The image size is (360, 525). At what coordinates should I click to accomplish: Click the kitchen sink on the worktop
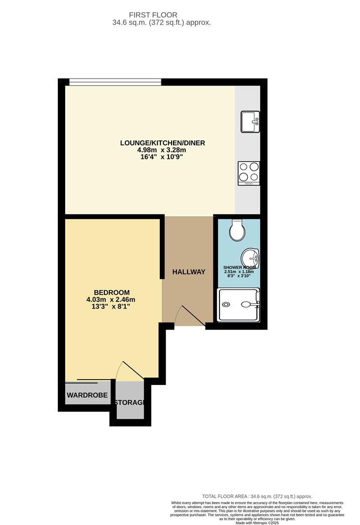[x=250, y=122]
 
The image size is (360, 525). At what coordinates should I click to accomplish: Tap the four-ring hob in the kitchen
[x=248, y=173]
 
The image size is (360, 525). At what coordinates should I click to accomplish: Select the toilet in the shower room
[x=237, y=230]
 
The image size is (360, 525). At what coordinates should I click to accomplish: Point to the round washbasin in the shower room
[x=251, y=257]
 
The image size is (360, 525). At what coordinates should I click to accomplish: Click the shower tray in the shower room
[x=239, y=305]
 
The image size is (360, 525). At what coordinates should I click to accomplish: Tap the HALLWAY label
[x=189, y=272]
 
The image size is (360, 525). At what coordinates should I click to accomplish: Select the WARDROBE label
[x=87, y=395]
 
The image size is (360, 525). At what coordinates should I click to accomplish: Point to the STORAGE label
[x=130, y=402]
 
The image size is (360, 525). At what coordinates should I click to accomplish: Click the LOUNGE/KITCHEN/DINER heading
[x=163, y=143]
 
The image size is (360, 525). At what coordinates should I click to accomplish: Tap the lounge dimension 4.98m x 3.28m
[x=163, y=150]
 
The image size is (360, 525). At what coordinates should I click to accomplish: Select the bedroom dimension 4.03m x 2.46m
[x=111, y=299]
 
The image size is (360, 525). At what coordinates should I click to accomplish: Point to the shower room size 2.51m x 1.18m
[x=239, y=272]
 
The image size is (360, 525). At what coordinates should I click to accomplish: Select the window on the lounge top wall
[x=115, y=82]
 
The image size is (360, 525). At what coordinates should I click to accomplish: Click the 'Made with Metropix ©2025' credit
[x=257, y=523]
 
